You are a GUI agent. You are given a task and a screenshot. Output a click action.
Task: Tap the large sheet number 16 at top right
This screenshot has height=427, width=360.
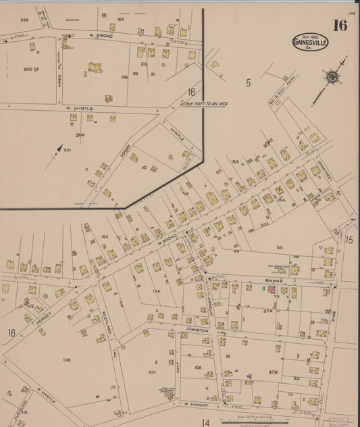coord(340,26)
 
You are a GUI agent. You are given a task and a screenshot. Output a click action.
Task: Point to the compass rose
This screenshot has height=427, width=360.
coord(332,77)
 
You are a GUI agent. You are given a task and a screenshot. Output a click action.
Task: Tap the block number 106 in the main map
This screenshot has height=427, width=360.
coord(66,359)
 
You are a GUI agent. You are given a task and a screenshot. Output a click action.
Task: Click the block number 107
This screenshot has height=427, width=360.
coord(152,372)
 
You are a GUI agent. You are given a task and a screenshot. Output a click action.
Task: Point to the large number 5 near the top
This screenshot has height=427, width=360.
coord(248,82)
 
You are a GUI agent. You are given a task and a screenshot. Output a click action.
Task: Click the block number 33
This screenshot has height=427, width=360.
coord(280,248)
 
